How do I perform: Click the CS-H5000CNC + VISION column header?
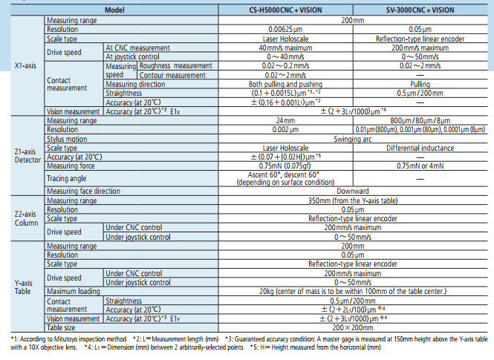point(285,10)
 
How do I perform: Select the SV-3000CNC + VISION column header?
point(420,10)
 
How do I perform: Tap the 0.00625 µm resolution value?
point(285,29)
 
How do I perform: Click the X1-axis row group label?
point(25,66)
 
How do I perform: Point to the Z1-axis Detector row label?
point(27,156)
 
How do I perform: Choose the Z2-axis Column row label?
point(26,218)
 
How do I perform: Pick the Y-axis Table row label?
point(23,287)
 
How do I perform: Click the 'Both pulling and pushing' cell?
point(285,84)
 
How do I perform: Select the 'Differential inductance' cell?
point(420,148)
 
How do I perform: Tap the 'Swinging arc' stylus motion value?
point(353,139)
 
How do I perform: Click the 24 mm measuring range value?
point(285,120)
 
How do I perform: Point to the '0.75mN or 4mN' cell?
point(420,166)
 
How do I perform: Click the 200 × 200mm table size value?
point(353,327)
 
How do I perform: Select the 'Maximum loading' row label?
point(73,292)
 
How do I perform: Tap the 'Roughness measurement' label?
point(176,66)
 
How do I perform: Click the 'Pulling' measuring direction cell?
point(420,84)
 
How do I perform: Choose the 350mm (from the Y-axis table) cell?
point(353,200)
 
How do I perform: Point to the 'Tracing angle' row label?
point(66,178)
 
